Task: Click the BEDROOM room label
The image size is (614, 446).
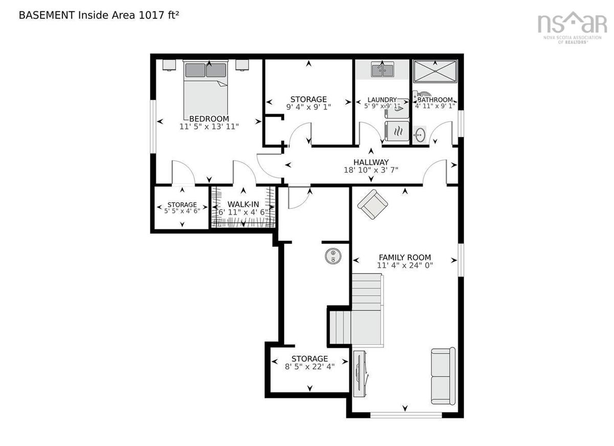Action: [x=209, y=119]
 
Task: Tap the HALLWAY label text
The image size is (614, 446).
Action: [x=371, y=162]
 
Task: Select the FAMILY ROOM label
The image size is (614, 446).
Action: [x=405, y=257]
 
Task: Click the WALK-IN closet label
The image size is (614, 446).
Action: [x=243, y=205]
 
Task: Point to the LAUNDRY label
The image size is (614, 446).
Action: [x=382, y=100]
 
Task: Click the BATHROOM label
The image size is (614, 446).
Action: [x=435, y=100]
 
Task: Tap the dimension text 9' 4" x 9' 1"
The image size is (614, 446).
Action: [x=309, y=107]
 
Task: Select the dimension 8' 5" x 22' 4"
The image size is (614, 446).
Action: [x=310, y=367]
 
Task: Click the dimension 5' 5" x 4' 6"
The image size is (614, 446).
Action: [x=182, y=211]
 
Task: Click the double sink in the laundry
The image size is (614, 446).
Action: [x=382, y=70]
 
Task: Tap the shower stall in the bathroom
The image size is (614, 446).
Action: [x=435, y=71]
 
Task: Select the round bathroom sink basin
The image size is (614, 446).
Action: [x=419, y=135]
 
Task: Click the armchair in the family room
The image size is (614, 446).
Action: [x=372, y=204]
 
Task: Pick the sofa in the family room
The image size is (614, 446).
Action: [x=443, y=376]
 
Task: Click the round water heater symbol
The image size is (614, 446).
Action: [x=333, y=256]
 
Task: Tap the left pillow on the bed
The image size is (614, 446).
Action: [x=195, y=70]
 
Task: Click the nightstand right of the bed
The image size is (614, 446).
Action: [x=243, y=65]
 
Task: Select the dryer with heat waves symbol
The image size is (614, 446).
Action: [x=397, y=131]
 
